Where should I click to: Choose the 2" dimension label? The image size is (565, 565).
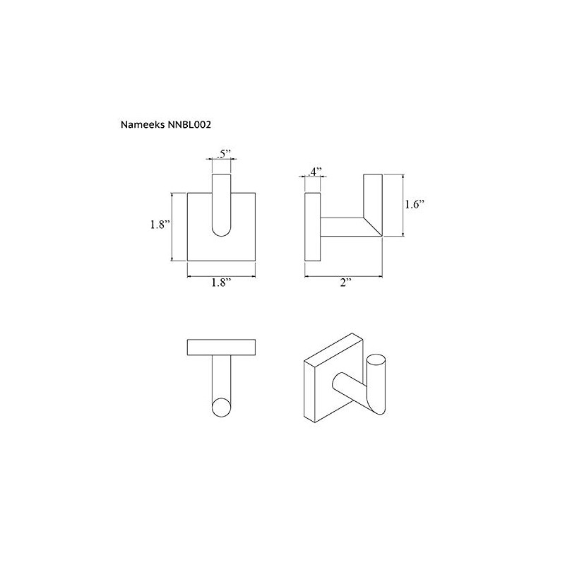point(345,282)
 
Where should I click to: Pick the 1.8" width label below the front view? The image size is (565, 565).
point(220,282)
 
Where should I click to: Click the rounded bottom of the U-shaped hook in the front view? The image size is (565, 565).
point(221,237)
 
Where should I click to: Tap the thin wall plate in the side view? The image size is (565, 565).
point(313,226)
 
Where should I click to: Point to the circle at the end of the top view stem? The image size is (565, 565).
point(222,409)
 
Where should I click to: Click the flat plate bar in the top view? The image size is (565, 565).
point(221,347)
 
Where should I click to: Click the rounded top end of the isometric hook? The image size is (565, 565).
point(379,362)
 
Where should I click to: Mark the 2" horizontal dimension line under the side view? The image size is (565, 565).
point(344,273)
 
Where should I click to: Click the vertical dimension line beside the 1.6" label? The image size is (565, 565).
point(403,205)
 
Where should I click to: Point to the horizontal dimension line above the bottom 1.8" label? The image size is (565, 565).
point(221,274)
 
